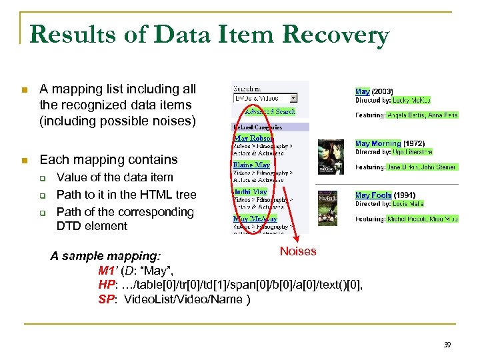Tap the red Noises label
tap(298, 251)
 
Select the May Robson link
tap(253, 139)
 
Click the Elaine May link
tap(251, 165)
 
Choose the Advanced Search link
tap(269, 111)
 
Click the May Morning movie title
tap(377, 143)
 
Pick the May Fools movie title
tap(373, 195)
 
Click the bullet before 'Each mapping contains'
tap(25, 160)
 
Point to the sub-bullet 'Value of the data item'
tap(115, 177)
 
